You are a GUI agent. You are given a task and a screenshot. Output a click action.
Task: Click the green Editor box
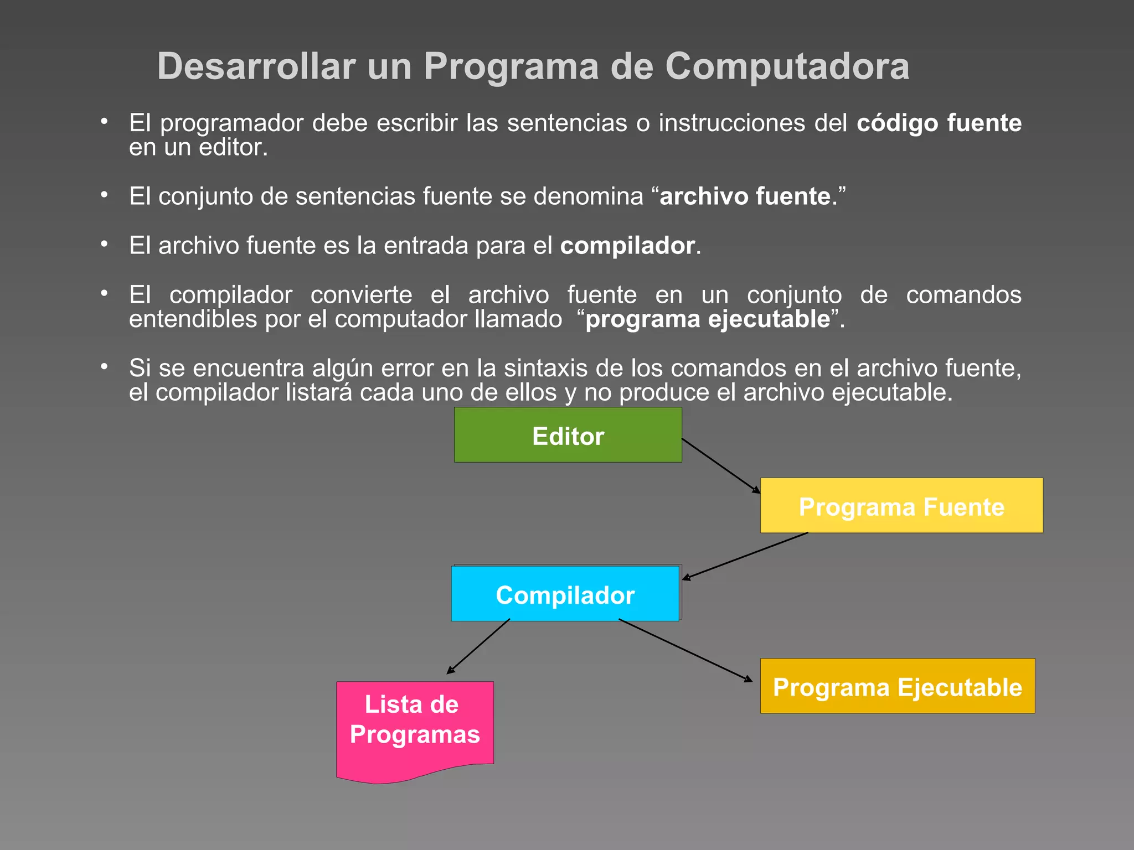tap(568, 435)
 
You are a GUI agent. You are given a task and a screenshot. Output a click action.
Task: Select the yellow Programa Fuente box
tap(901, 506)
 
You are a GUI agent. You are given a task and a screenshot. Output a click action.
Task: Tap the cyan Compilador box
tap(565, 594)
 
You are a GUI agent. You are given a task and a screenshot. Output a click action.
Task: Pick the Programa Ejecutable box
tap(897, 686)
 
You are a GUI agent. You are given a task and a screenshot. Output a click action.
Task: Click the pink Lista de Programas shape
tap(414, 725)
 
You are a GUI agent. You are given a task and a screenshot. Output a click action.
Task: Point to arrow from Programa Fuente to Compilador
tap(745, 556)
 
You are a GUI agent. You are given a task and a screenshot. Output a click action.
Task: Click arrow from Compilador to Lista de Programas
tap(478, 646)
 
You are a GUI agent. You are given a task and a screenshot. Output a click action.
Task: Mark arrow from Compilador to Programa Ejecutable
tap(685, 650)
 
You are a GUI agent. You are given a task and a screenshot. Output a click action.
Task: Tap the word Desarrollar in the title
tap(256, 66)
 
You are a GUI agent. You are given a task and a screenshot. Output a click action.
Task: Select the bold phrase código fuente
tap(939, 123)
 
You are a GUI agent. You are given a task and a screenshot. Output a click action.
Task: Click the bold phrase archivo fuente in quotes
tap(745, 196)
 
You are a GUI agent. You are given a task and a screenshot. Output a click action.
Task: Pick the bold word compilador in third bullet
tap(627, 246)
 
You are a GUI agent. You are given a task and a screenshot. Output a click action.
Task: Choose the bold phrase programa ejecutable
tap(708, 319)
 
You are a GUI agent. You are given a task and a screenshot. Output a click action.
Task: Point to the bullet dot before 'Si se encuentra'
tap(104, 366)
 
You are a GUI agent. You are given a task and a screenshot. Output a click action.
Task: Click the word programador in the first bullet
tap(231, 123)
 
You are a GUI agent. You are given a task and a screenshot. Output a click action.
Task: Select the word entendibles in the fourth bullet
tap(193, 319)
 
